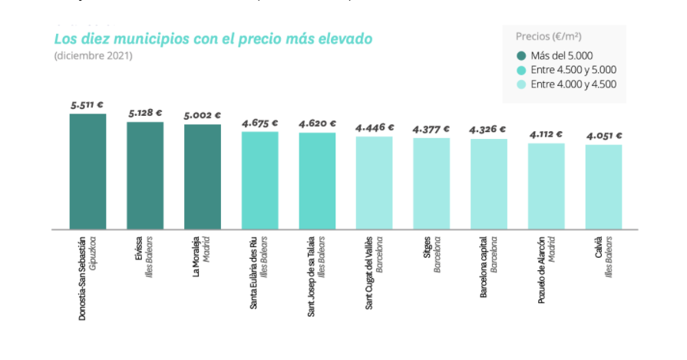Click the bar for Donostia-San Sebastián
point(88,171)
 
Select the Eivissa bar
point(145,175)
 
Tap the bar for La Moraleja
point(203,177)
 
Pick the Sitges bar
point(431,183)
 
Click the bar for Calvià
point(603,187)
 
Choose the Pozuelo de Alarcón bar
point(546,186)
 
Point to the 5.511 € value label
point(87,104)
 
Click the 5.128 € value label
point(145,113)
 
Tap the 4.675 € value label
point(259,123)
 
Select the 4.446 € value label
point(375,127)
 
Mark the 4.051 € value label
point(603,136)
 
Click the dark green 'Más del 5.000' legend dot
point(521,55)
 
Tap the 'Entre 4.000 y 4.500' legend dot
point(521,84)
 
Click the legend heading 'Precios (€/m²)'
point(549,36)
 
